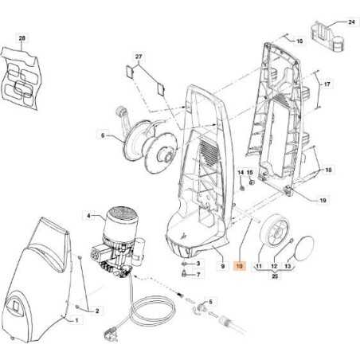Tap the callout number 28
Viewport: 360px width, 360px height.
tap(22, 38)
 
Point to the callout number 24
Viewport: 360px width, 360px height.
tap(351, 22)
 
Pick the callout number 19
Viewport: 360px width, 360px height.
tap(323, 200)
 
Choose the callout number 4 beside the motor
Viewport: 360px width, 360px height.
tap(90, 213)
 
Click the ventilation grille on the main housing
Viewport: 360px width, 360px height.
tap(206, 151)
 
